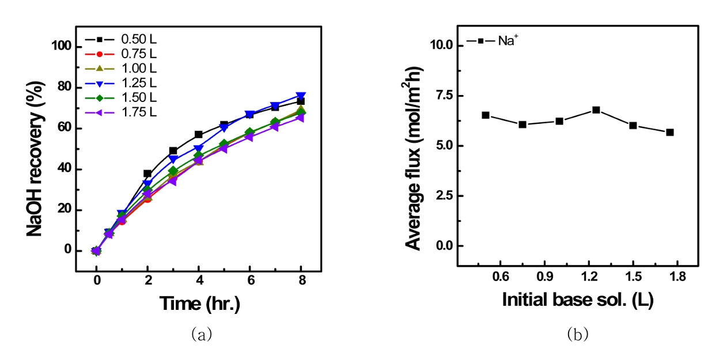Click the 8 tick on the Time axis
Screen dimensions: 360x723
301,281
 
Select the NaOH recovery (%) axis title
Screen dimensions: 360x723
35,149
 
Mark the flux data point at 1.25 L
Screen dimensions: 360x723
596,109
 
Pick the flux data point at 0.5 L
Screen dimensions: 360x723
486,115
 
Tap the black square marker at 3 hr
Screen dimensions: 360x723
173,151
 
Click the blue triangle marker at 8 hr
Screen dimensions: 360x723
301,96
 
